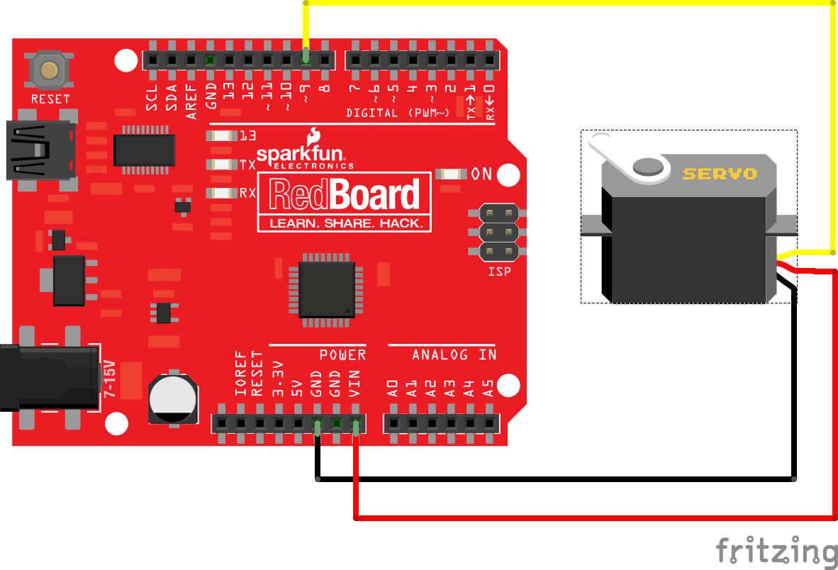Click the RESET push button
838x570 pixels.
point(49,70)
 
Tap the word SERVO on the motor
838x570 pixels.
point(720,174)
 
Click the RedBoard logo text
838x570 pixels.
point(344,194)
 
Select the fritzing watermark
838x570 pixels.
point(776,551)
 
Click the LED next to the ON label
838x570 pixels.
point(451,174)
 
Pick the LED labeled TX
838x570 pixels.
point(221,164)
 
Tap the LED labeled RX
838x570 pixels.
point(221,193)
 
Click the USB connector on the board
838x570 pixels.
point(39,150)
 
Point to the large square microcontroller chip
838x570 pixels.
point(326,289)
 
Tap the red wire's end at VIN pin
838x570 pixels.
point(355,426)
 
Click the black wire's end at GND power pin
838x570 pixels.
point(317,426)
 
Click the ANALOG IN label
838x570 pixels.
point(454,354)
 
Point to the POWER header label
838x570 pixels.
point(342,354)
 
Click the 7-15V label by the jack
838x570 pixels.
point(111,376)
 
